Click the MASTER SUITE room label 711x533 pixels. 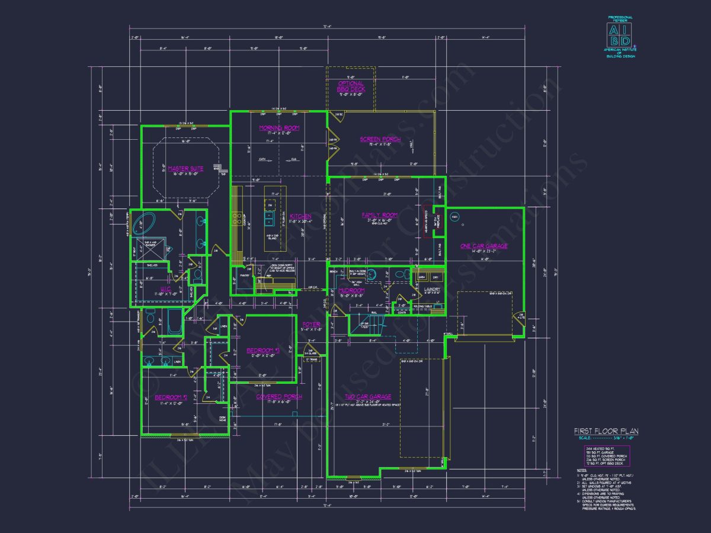point(185,169)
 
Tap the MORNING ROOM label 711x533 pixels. point(279,128)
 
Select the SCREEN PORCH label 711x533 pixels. point(380,140)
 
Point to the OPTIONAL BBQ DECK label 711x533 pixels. point(351,86)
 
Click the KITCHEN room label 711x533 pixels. point(300,217)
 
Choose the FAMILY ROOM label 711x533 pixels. point(380,215)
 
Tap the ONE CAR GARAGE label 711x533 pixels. point(483,246)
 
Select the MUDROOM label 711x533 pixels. point(351,291)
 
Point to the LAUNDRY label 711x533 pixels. point(432,290)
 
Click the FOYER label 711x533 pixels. point(311,325)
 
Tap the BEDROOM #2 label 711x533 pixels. point(171,397)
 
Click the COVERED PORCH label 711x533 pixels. point(278,397)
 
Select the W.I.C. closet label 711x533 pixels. point(165,289)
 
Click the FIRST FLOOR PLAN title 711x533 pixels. point(605,431)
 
